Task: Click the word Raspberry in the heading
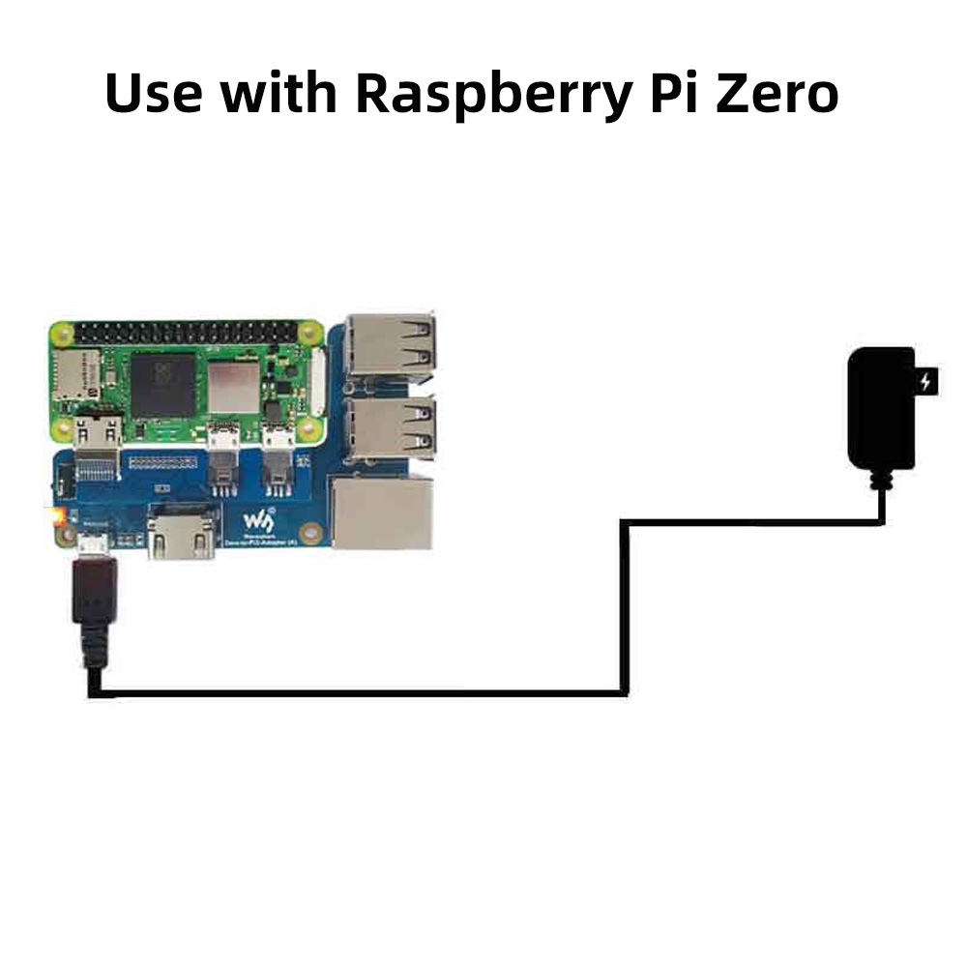point(489,94)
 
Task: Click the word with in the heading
point(278,94)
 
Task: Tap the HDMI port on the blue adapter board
point(181,534)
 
